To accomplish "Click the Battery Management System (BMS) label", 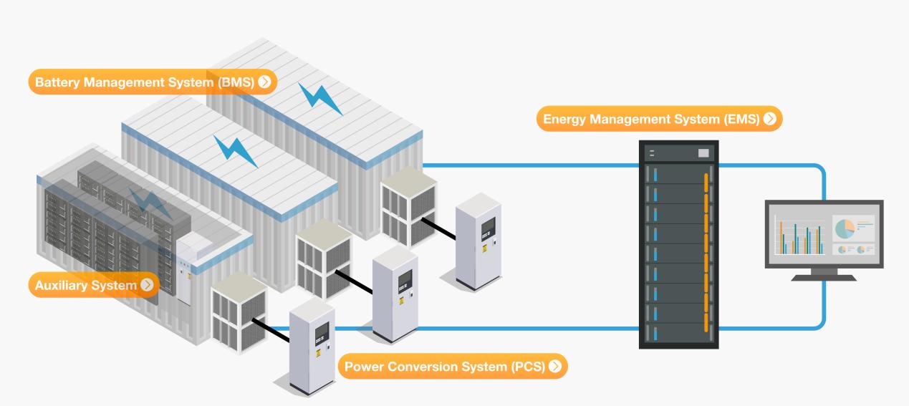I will click(x=143, y=82).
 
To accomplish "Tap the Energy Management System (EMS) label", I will click(x=650, y=120).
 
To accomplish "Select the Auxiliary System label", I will click(x=85, y=286).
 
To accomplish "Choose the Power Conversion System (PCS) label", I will click(x=444, y=367).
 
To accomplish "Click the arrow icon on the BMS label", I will click(x=265, y=82).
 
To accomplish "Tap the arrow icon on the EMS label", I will click(x=770, y=120).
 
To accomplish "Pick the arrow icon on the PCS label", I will click(x=555, y=367).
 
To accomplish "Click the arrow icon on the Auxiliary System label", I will click(x=147, y=286).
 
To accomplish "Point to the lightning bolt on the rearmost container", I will click(x=319, y=98).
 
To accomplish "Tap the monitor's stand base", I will click(x=824, y=276).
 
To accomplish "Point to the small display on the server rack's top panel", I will click(x=703, y=153).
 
